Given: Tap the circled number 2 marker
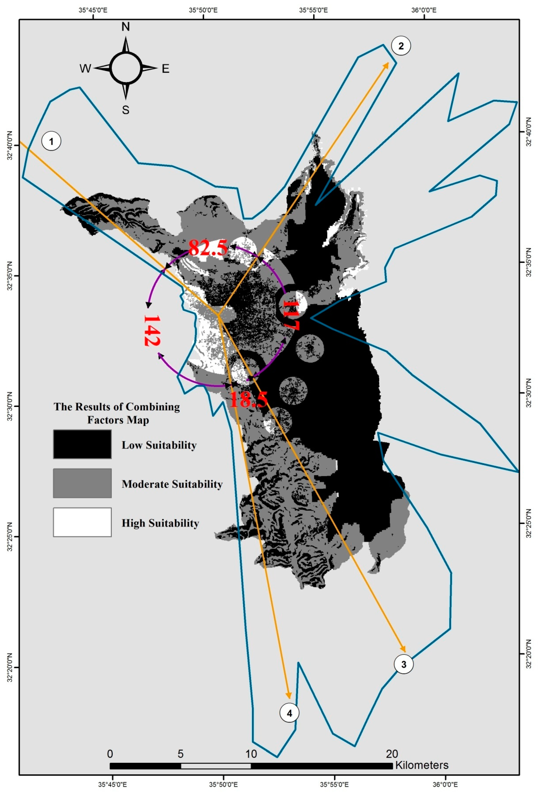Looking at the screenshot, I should (x=401, y=46).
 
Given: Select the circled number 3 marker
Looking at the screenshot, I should (x=404, y=664).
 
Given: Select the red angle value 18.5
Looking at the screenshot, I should (x=248, y=399).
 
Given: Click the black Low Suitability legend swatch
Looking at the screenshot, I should (x=82, y=444).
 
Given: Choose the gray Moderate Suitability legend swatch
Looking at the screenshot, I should (x=82, y=483).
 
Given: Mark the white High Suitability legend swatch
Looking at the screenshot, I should (x=82, y=522).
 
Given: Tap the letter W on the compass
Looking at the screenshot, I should (x=85, y=69).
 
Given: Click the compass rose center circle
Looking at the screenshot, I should (x=125, y=68).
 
